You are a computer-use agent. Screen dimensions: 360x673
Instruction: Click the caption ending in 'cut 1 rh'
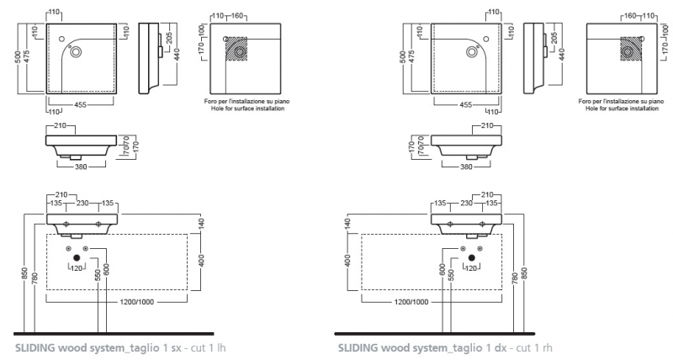click(x=445, y=347)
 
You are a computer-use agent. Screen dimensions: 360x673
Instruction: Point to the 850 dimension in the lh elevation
click(x=25, y=274)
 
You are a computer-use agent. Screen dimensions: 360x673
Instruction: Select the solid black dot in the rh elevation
click(x=472, y=256)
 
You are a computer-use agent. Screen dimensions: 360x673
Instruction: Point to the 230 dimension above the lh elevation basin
click(x=82, y=203)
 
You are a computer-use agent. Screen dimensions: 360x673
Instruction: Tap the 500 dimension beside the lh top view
click(x=18, y=56)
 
